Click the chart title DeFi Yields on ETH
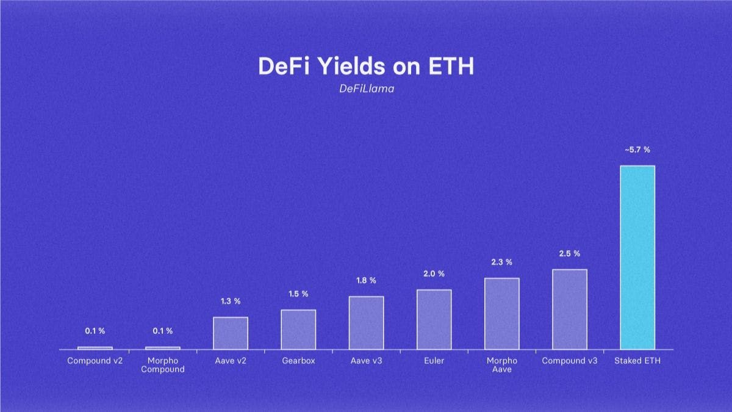coord(366,66)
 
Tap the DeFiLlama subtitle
coord(366,89)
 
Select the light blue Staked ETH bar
coord(637,257)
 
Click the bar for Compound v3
coord(570,309)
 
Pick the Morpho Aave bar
coord(502,313)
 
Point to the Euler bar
coord(434,319)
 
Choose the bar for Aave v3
coord(366,322)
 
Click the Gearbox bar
coord(298,329)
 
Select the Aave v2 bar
coord(231,333)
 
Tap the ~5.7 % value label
coord(637,150)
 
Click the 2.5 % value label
coord(570,253)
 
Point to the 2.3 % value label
coord(502,262)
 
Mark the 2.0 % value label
coord(434,274)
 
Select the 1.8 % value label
coord(366,281)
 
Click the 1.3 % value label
coord(231,302)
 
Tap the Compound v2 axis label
coord(95,361)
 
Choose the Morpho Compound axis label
coord(163,365)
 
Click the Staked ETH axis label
coord(637,361)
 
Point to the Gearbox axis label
coord(298,361)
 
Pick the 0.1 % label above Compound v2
coord(95,331)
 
